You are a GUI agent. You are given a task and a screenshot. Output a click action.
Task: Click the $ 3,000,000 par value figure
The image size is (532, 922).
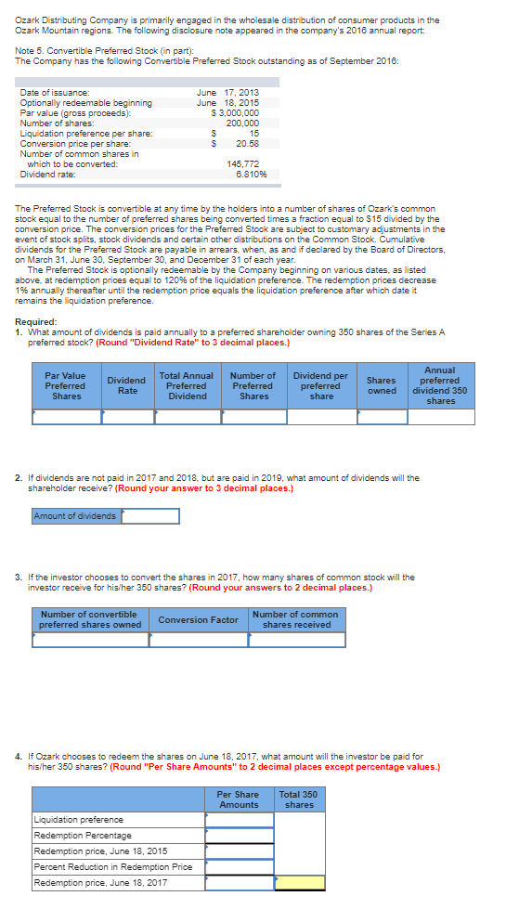(x=236, y=112)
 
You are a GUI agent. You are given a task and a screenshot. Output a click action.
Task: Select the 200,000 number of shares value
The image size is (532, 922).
(x=242, y=123)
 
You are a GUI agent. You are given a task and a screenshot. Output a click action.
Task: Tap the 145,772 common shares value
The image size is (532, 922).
(x=242, y=163)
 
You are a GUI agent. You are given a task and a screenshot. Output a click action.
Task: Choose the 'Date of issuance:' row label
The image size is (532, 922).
(x=55, y=93)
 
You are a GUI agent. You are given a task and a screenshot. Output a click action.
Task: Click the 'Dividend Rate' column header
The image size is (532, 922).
(x=126, y=385)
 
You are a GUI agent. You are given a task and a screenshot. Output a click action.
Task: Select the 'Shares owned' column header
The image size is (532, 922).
(x=381, y=385)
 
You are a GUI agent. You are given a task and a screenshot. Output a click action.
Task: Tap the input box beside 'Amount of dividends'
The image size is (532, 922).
(x=149, y=516)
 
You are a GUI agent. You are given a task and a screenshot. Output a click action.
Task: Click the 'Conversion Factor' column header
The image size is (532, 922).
(x=198, y=619)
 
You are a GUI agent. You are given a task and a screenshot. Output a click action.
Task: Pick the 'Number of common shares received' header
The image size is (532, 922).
(x=295, y=619)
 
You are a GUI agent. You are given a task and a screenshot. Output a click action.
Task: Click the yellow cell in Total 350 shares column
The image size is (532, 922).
(x=300, y=882)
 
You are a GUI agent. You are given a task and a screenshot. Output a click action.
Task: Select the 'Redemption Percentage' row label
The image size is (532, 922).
(x=83, y=836)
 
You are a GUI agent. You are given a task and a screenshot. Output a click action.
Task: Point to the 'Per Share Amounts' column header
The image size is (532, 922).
(x=239, y=799)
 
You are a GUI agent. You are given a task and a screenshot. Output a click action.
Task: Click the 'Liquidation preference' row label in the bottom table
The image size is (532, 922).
(x=78, y=820)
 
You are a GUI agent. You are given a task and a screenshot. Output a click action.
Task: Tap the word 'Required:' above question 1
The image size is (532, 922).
(x=36, y=322)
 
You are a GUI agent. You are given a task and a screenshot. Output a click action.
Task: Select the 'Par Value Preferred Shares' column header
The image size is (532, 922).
(x=65, y=385)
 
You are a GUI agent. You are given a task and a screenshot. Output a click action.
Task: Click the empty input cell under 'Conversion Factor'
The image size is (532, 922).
(x=198, y=640)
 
